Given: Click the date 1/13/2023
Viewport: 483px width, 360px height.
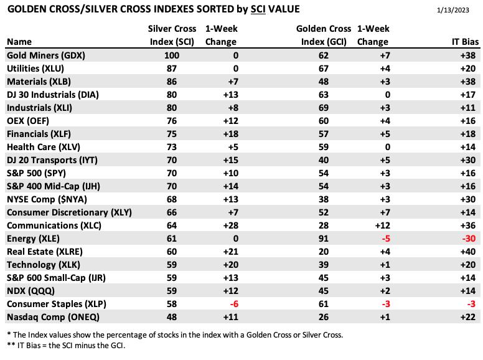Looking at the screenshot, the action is tap(453, 10).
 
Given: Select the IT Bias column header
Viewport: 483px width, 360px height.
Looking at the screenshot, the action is tap(465, 42).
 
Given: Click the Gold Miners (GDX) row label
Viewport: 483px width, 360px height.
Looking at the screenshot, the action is tap(46, 55).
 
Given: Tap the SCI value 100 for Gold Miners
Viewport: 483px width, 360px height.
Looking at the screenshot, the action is tap(172, 55).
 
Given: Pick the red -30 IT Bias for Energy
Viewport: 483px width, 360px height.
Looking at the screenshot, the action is tap(469, 239).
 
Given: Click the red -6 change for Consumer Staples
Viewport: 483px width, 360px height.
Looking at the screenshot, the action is tap(234, 304).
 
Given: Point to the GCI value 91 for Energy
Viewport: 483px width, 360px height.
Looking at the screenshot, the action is tap(324, 239).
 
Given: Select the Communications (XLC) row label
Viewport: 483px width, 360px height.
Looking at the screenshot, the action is tap(54, 225).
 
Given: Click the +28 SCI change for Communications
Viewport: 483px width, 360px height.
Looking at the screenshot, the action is tap(231, 225).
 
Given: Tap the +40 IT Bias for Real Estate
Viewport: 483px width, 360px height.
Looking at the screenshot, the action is tap(468, 252).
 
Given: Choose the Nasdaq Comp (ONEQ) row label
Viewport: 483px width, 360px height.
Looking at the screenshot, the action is tap(53, 317).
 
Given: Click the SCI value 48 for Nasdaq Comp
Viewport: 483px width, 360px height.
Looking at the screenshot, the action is tap(172, 317).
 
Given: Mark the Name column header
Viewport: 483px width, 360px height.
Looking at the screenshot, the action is tap(19, 42).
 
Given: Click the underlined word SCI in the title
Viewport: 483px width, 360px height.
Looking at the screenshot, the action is tap(258, 9).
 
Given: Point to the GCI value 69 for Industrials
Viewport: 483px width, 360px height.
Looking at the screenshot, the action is tap(324, 108).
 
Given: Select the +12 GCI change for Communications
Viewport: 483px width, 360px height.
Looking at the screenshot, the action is tap(383, 225).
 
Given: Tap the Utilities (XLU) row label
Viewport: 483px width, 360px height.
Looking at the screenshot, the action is tap(35, 69).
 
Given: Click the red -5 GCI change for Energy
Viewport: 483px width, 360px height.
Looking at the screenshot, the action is tap(386, 239).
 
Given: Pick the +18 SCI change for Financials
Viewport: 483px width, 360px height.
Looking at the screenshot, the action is tap(231, 134).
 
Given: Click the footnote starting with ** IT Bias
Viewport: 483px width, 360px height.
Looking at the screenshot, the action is tap(66, 346).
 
